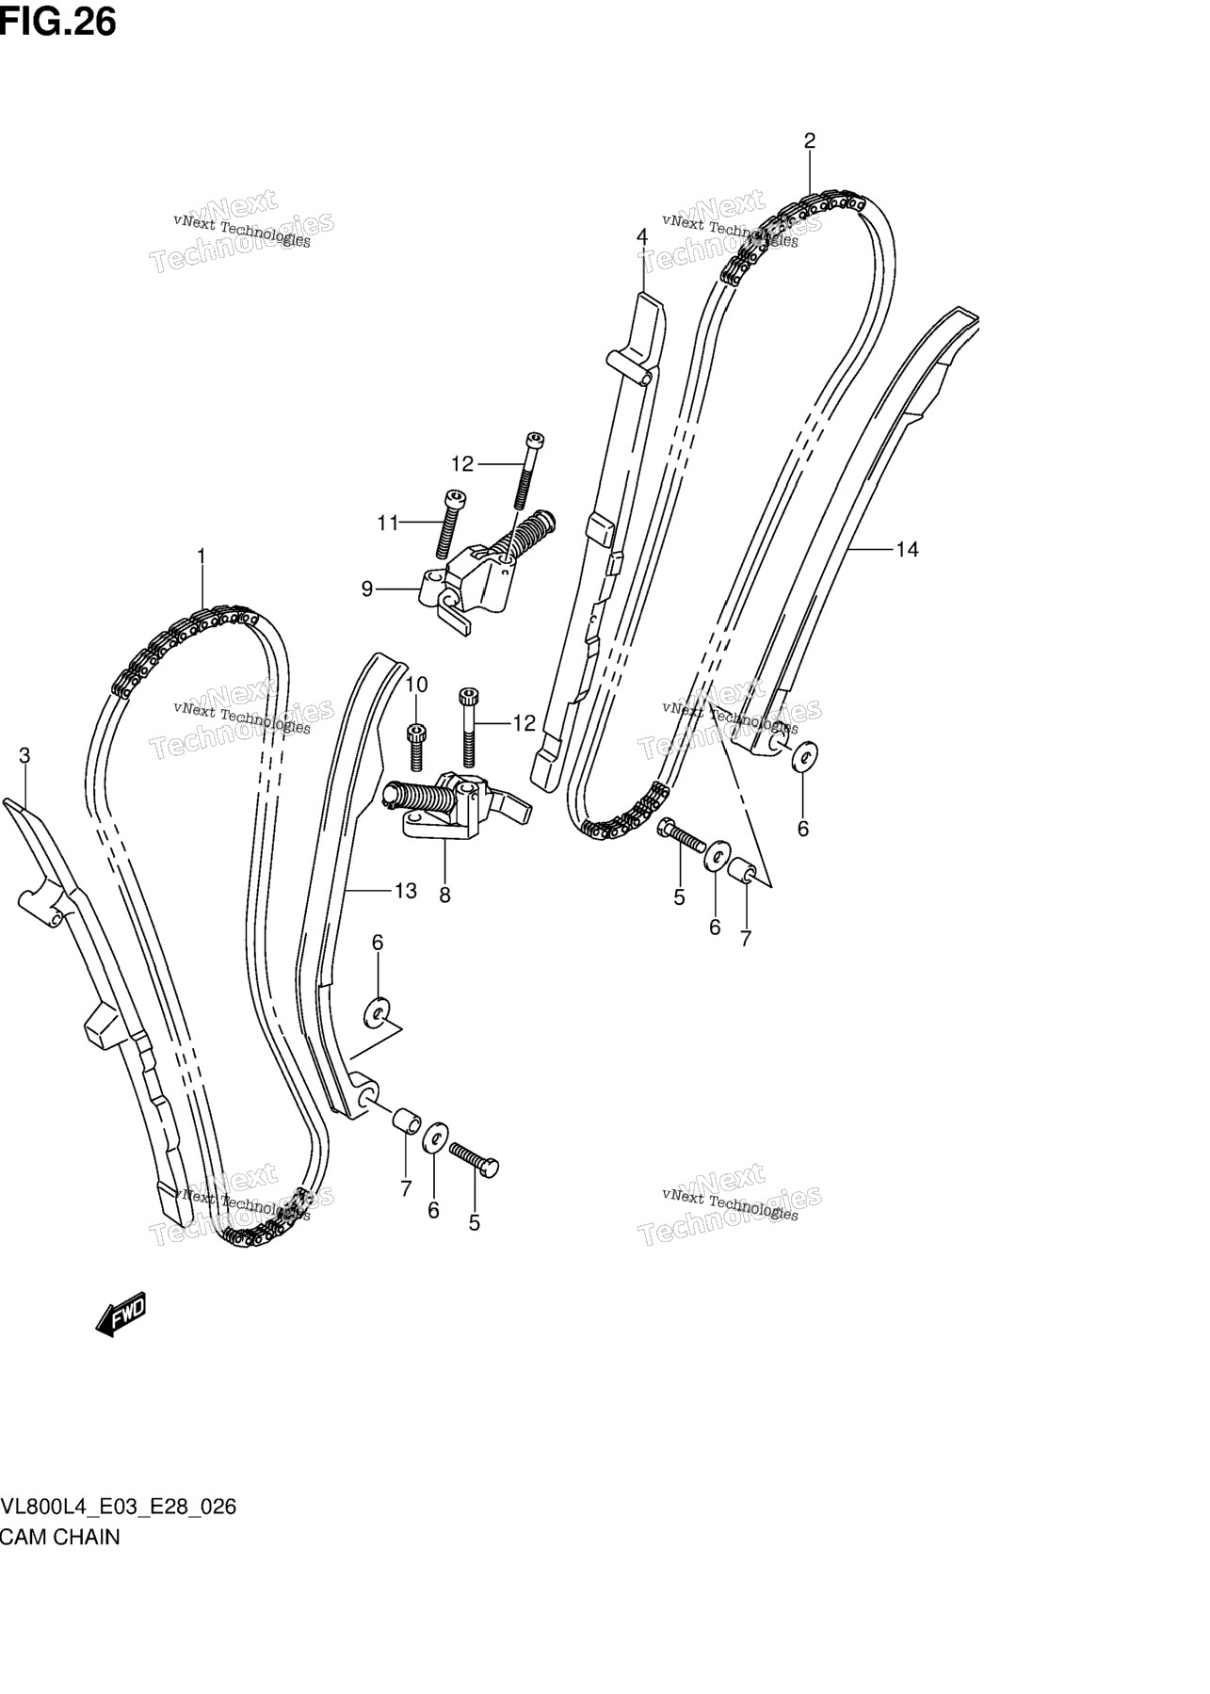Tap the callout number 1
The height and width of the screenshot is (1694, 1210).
coord(201,557)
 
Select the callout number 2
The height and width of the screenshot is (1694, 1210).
coord(809,141)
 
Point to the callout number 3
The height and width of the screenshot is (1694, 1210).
coord(25,755)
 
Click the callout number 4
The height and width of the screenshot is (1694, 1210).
coord(642,236)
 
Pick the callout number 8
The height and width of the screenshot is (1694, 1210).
coord(444,895)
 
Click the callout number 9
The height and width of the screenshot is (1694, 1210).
coord(367,589)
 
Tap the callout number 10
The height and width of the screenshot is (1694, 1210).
coord(417,685)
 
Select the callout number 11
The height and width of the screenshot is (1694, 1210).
coord(388,523)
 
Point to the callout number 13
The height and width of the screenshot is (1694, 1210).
coord(405,890)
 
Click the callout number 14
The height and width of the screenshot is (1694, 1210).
coord(907,549)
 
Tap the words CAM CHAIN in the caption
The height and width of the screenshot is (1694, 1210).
coord(60,1537)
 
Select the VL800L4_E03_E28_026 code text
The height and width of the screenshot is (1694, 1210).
coord(119,1507)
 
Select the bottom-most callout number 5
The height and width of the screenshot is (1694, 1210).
coord(475,1222)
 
